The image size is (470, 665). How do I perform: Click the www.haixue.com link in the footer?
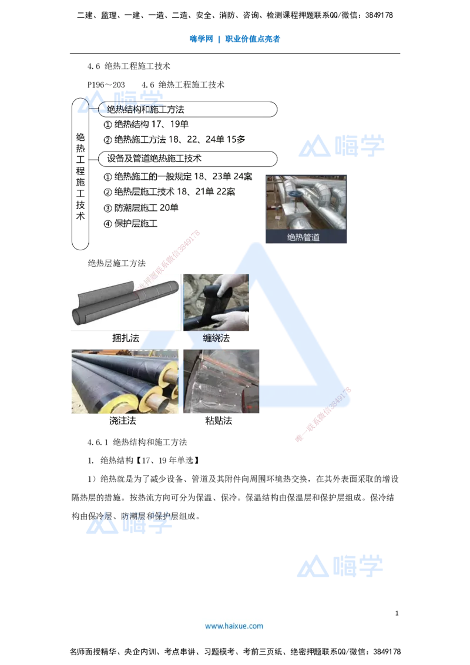click(x=234, y=626)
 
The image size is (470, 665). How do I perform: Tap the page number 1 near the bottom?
click(x=397, y=613)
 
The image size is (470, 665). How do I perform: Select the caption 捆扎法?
click(x=126, y=338)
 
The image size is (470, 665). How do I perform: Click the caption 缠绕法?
click(x=216, y=338)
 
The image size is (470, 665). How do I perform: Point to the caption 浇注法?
click(x=123, y=421)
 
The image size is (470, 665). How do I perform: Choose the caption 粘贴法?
click(x=219, y=421)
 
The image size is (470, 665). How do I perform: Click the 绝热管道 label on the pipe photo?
click(x=303, y=237)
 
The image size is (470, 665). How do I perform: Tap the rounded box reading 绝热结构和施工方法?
click(x=187, y=109)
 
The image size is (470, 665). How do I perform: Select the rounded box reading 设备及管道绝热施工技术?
click(x=187, y=159)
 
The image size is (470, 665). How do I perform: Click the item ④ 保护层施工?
click(x=130, y=223)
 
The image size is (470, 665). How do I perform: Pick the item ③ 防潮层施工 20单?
click(x=141, y=208)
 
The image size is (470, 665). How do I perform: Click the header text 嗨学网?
click(x=201, y=39)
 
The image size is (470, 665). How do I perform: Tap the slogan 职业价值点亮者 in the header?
click(x=253, y=39)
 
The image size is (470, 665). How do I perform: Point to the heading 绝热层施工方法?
click(x=117, y=263)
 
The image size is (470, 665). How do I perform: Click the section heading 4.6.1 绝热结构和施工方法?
click(x=137, y=442)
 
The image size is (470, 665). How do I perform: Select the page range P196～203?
click(x=106, y=85)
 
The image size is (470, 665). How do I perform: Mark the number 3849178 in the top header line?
click(x=379, y=15)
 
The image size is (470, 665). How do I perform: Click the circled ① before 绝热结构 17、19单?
click(x=108, y=125)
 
